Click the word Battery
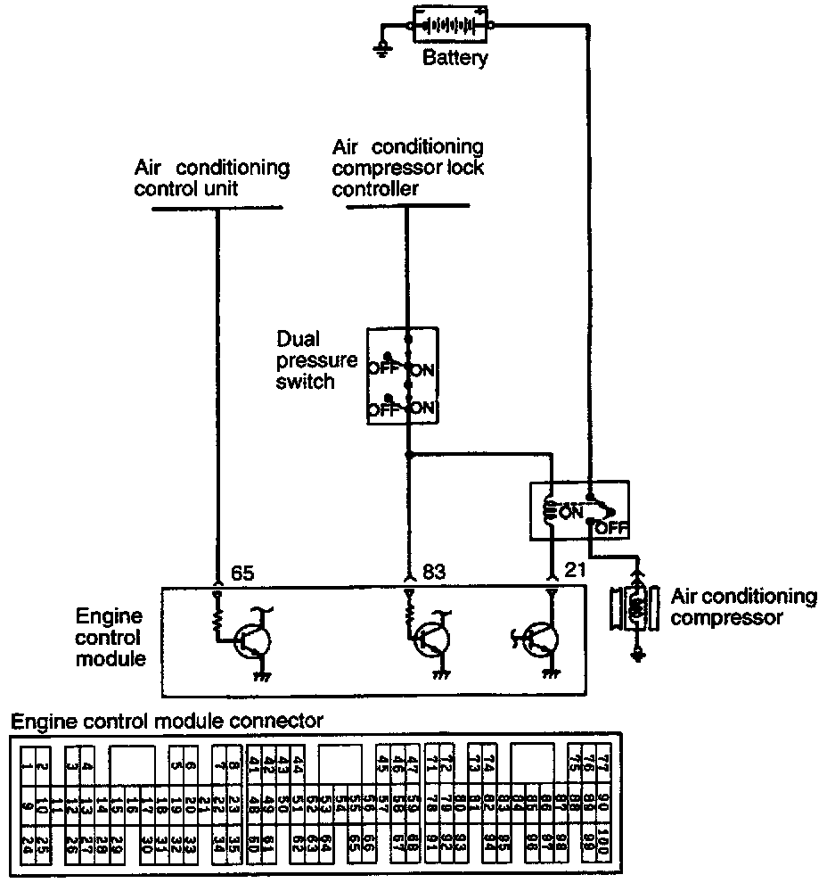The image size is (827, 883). click(x=454, y=60)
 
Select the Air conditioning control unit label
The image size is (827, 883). click(x=212, y=177)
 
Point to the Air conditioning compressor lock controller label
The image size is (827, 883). click(x=407, y=167)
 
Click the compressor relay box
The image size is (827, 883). click(x=579, y=511)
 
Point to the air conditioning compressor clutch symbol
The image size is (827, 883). click(x=635, y=608)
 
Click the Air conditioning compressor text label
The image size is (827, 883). click(x=743, y=607)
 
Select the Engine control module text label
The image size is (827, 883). click(x=108, y=638)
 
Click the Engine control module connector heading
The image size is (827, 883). click(x=167, y=720)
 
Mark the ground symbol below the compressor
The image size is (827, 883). click(x=636, y=658)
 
